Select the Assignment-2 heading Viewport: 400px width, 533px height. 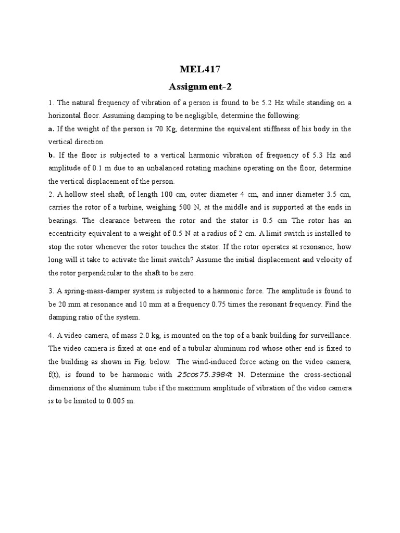click(x=199, y=86)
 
